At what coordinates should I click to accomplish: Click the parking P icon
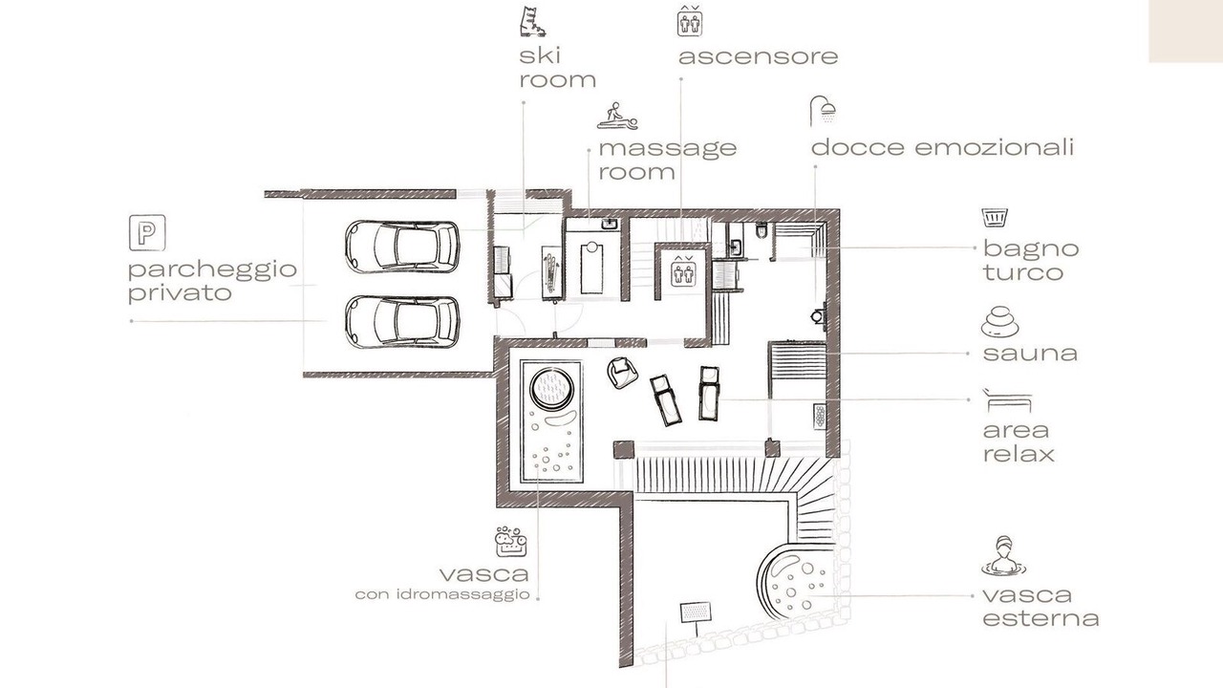point(147,233)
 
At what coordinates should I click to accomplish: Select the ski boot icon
point(532,21)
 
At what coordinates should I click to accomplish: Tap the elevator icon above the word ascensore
point(690,21)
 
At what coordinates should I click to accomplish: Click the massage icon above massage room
point(617,116)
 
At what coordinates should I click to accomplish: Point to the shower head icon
point(823,111)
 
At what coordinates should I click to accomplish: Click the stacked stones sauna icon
point(999,322)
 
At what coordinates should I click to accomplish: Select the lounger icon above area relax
point(1007,400)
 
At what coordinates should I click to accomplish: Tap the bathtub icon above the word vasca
point(511,541)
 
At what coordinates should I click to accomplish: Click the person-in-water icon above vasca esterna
point(1003,556)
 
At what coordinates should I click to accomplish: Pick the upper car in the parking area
point(402,247)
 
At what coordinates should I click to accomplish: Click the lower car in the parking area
point(402,322)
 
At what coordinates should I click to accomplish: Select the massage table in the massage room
point(591,269)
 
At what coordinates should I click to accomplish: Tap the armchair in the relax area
point(622,373)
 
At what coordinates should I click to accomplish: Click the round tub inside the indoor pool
point(552,389)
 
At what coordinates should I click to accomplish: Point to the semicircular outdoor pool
point(798,583)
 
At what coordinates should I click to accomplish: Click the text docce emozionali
point(943,148)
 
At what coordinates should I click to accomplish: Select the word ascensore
point(759,56)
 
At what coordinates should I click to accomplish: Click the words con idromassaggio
point(442,594)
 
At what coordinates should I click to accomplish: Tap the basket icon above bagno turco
point(995,217)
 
